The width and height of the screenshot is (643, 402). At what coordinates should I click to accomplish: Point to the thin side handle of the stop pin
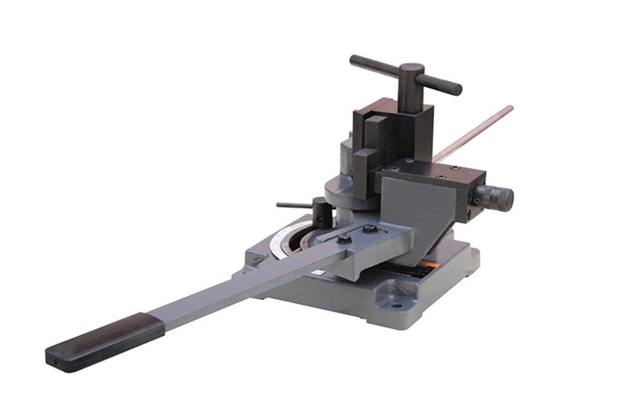[x=291, y=205]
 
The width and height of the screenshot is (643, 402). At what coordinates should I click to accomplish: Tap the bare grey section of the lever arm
[x=241, y=282]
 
